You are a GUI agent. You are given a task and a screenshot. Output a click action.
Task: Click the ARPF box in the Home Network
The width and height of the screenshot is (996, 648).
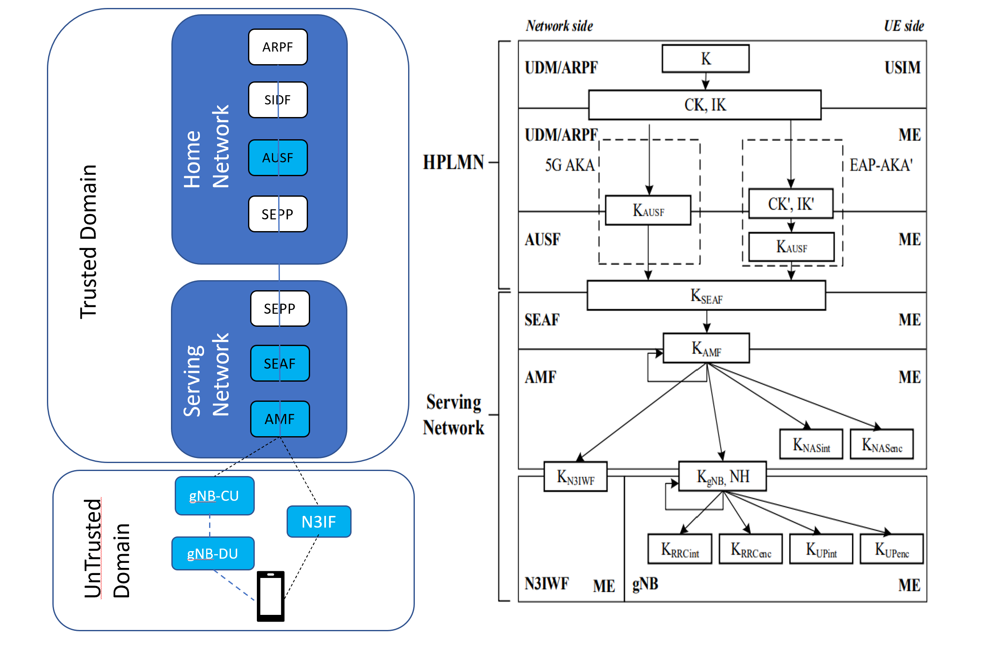tap(278, 47)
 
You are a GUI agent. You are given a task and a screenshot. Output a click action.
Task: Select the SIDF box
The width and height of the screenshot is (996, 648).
tap(278, 100)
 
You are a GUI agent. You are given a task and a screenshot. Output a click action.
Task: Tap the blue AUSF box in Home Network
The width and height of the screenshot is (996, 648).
tap(278, 158)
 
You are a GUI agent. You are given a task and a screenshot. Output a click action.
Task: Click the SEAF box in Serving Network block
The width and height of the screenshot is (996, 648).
tap(280, 363)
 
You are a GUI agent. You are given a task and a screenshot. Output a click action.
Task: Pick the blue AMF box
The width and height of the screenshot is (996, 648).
tap(280, 419)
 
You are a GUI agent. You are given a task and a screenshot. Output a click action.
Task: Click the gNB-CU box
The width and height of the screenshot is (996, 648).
tap(215, 496)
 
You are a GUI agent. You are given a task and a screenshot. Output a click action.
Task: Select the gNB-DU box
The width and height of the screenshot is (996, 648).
tap(213, 554)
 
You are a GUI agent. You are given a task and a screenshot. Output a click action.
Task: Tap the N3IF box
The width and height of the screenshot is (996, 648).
tap(319, 522)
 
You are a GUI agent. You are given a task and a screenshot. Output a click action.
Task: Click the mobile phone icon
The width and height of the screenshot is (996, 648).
tap(271, 596)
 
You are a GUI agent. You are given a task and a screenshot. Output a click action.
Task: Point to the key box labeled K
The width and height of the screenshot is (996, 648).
tap(706, 59)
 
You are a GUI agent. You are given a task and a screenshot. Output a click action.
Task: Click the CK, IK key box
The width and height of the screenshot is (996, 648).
tap(705, 105)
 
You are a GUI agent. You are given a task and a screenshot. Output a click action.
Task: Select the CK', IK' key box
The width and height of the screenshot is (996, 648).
tap(791, 204)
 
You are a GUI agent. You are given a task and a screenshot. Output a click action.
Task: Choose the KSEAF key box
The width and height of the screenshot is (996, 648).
tap(706, 296)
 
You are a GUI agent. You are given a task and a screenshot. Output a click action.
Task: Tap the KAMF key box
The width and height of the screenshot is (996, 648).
tap(706, 348)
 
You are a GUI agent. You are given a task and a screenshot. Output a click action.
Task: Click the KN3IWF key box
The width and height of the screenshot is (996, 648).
tap(575, 477)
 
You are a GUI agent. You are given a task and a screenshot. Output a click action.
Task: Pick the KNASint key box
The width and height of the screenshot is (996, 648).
tap(811, 445)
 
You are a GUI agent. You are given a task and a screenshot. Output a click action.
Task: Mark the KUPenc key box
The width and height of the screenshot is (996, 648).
tap(892, 549)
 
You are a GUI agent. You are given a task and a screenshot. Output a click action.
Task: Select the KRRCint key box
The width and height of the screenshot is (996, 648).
tap(680, 549)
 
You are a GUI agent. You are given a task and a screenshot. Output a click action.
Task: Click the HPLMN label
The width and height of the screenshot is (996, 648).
tap(453, 162)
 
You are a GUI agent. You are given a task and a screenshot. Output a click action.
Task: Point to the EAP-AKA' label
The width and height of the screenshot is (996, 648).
tap(881, 165)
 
